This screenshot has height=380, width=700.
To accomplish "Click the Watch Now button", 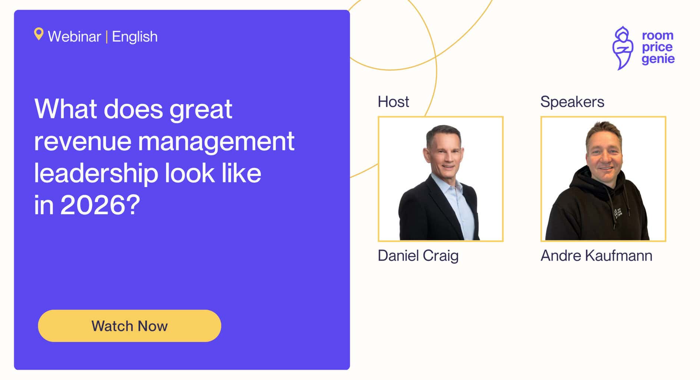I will (x=129, y=326).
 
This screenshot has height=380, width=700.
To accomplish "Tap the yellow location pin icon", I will (x=39, y=34).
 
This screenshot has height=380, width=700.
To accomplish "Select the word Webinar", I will (x=74, y=37).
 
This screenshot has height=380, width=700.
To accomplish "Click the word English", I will (x=135, y=37).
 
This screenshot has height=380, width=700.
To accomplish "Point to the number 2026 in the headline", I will (x=95, y=205).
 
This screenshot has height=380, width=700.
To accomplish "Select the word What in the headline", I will (x=65, y=109).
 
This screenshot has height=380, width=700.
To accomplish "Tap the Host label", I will (x=393, y=102).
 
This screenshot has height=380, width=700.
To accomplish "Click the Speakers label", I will (x=572, y=102).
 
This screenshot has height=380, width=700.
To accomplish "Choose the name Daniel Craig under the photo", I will (x=418, y=256).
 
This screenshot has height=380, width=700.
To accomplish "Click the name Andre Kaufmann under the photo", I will (x=596, y=256).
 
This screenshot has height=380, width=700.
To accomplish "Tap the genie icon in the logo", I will (x=623, y=48).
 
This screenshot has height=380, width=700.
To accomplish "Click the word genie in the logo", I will (x=658, y=59).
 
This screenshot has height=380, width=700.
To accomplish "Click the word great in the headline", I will (x=200, y=109).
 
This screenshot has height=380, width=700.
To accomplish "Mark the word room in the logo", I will (x=657, y=36).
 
